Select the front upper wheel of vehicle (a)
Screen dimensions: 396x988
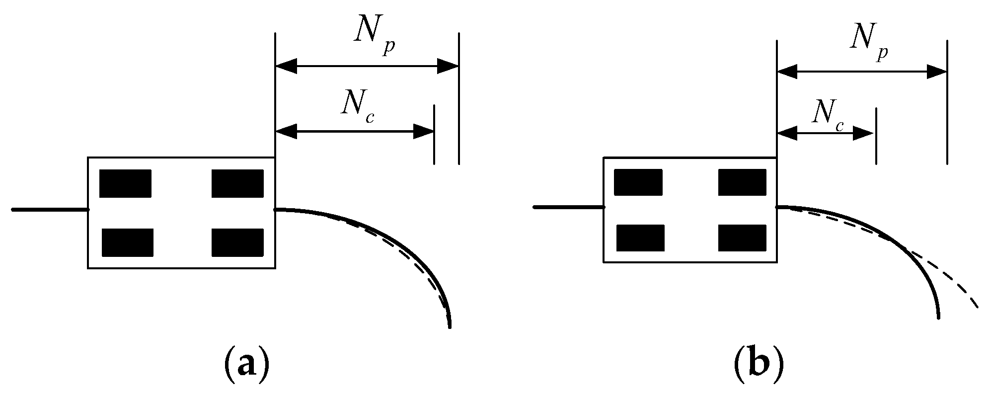click(237, 183)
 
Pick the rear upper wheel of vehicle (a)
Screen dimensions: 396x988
click(125, 183)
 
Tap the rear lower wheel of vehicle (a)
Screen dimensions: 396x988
click(128, 242)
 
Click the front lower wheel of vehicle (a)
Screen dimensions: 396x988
click(237, 242)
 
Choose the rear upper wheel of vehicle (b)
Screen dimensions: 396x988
click(638, 182)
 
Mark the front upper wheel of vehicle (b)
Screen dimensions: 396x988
click(742, 182)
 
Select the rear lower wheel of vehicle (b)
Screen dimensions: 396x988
click(640, 238)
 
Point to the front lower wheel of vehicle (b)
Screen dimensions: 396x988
click(742, 238)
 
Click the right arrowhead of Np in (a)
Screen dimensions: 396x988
click(448, 66)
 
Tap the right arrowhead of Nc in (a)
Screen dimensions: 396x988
click(424, 132)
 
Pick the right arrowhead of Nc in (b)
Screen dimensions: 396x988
click(863, 133)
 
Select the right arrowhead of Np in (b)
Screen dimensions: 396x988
click(937, 72)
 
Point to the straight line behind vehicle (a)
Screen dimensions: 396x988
click(50, 210)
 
